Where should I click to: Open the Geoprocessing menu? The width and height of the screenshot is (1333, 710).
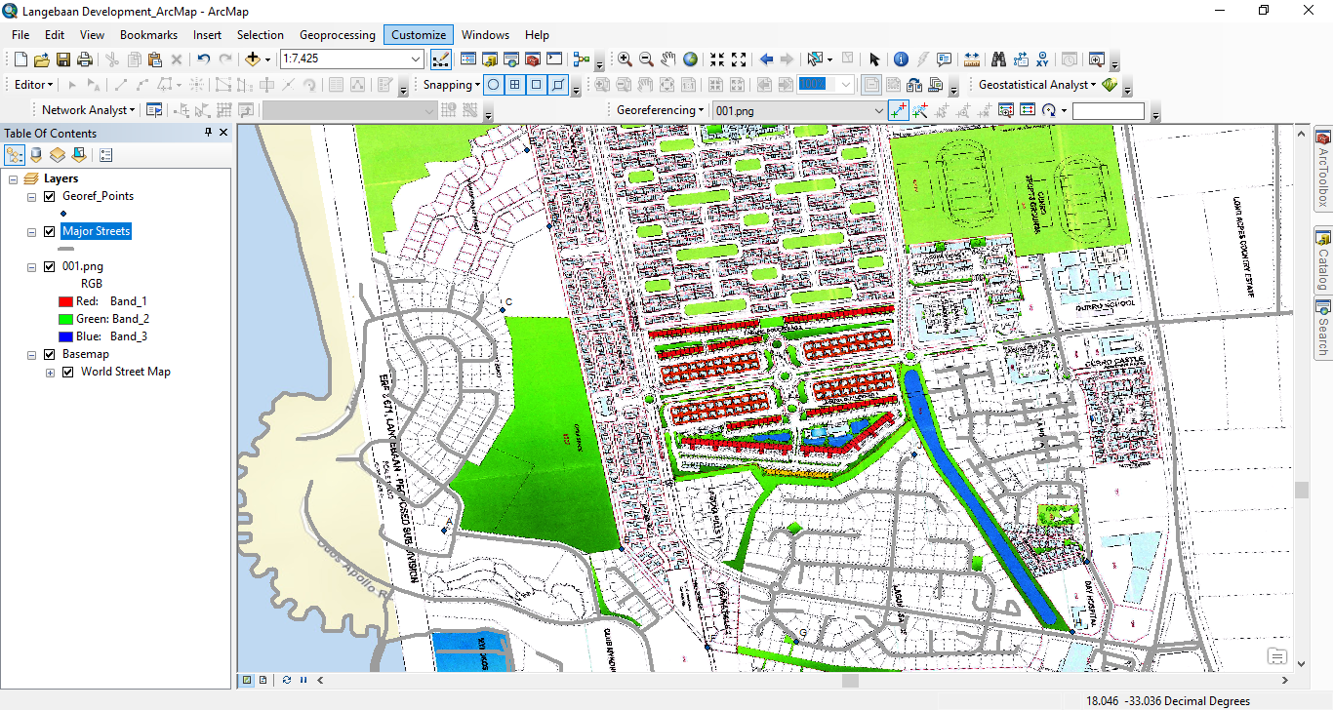click(x=337, y=35)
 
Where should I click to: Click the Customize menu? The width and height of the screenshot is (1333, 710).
click(x=418, y=35)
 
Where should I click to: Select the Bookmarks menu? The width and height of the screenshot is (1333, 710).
click(x=148, y=35)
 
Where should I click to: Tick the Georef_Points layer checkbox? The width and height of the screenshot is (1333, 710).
click(x=49, y=196)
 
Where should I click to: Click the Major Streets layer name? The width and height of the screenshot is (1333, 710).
click(x=96, y=231)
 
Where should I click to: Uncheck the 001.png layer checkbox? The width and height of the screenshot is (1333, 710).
click(x=49, y=266)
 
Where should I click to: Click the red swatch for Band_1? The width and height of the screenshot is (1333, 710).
click(x=66, y=301)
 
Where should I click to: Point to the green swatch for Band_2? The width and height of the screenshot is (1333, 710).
click(x=66, y=319)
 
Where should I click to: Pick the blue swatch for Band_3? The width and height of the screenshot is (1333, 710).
click(x=66, y=336)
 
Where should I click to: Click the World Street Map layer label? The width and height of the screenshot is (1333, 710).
click(x=125, y=372)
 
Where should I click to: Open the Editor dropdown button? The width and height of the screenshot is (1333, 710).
click(x=34, y=85)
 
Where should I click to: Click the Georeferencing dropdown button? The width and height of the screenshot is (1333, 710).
click(x=660, y=110)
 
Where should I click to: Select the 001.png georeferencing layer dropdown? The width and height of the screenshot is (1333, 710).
click(x=798, y=111)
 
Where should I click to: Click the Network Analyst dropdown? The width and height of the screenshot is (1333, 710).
click(x=88, y=110)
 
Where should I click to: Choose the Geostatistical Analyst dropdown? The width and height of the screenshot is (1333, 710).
click(x=1037, y=85)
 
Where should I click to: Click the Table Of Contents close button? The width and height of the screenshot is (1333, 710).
click(x=223, y=133)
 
